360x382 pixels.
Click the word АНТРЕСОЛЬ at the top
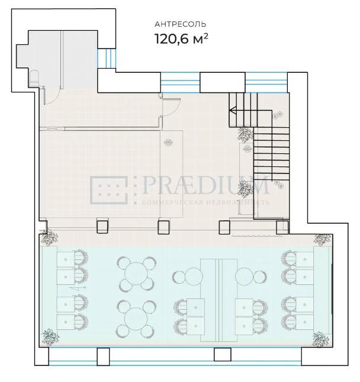(180, 24)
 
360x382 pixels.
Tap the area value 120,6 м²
(181, 39)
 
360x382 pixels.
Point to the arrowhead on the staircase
(233, 111)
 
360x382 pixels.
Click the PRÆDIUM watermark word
(206, 185)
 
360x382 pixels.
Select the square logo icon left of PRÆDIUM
(109, 190)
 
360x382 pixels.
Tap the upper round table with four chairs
(136, 273)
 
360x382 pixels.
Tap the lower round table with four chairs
(136, 319)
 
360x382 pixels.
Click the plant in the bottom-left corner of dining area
(50, 337)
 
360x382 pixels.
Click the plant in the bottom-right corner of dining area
(321, 339)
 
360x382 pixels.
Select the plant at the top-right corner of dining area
(322, 239)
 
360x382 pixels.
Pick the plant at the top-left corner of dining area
(50, 237)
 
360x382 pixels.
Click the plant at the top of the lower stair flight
(245, 134)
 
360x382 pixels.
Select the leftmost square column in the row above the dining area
(102, 227)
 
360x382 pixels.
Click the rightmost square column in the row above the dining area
(282, 227)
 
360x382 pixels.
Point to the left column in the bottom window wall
(103, 357)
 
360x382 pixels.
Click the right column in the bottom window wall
(223, 354)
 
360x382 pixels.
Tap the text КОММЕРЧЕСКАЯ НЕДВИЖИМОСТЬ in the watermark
(206, 202)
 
